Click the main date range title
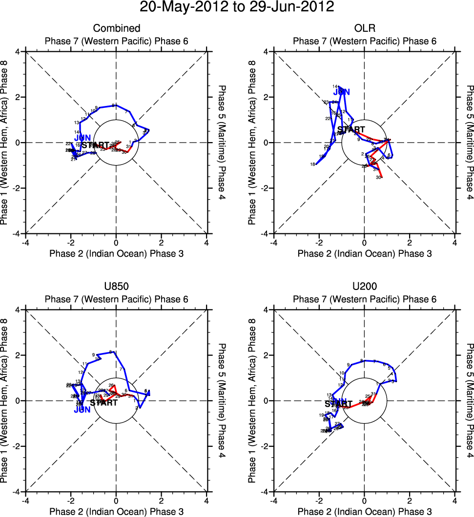(237, 7)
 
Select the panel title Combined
(116, 28)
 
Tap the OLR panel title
(365, 28)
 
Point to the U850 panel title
(116, 287)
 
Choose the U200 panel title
(365, 287)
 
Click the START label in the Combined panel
(95, 145)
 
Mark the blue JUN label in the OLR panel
(342, 92)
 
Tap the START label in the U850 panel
(103, 403)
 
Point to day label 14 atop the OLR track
(334, 86)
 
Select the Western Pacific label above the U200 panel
(365, 299)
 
